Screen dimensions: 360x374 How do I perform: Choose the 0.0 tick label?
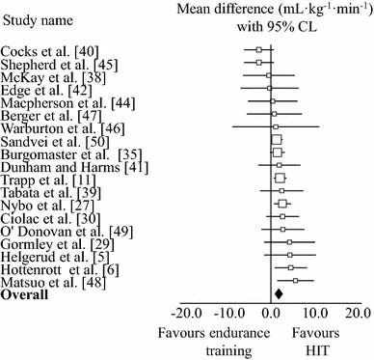(x=273, y=313)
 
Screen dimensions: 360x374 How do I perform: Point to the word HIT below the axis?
(x=322, y=349)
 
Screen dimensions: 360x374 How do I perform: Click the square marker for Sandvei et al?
(x=277, y=139)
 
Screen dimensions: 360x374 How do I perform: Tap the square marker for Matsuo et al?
(x=295, y=280)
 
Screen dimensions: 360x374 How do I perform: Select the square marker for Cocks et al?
(x=258, y=49)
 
